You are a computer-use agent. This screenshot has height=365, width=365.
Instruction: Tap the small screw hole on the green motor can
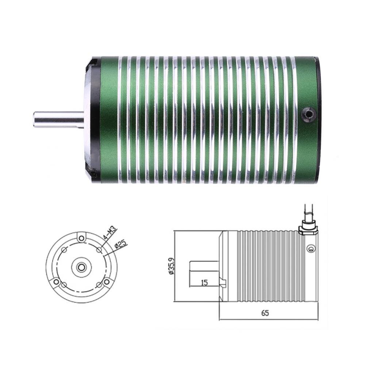pyautogui.click(x=308, y=115)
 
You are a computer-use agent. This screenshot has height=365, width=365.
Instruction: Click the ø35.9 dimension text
pyautogui.click(x=170, y=266)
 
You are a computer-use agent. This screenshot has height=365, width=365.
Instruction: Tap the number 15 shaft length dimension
pyautogui.click(x=204, y=283)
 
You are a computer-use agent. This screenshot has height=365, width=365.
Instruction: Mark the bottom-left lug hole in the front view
pyautogui.click(x=56, y=282)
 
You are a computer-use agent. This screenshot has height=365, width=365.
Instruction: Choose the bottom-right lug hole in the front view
pyautogui.click(x=107, y=282)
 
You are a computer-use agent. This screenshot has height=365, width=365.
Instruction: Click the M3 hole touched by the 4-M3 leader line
pyautogui.click(x=99, y=250)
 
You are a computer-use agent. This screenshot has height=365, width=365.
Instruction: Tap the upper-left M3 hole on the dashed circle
pyautogui.click(x=64, y=250)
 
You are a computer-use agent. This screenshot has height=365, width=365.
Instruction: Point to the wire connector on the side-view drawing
pyautogui.click(x=308, y=229)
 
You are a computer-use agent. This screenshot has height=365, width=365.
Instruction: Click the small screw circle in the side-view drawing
pyautogui.click(x=311, y=249)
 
